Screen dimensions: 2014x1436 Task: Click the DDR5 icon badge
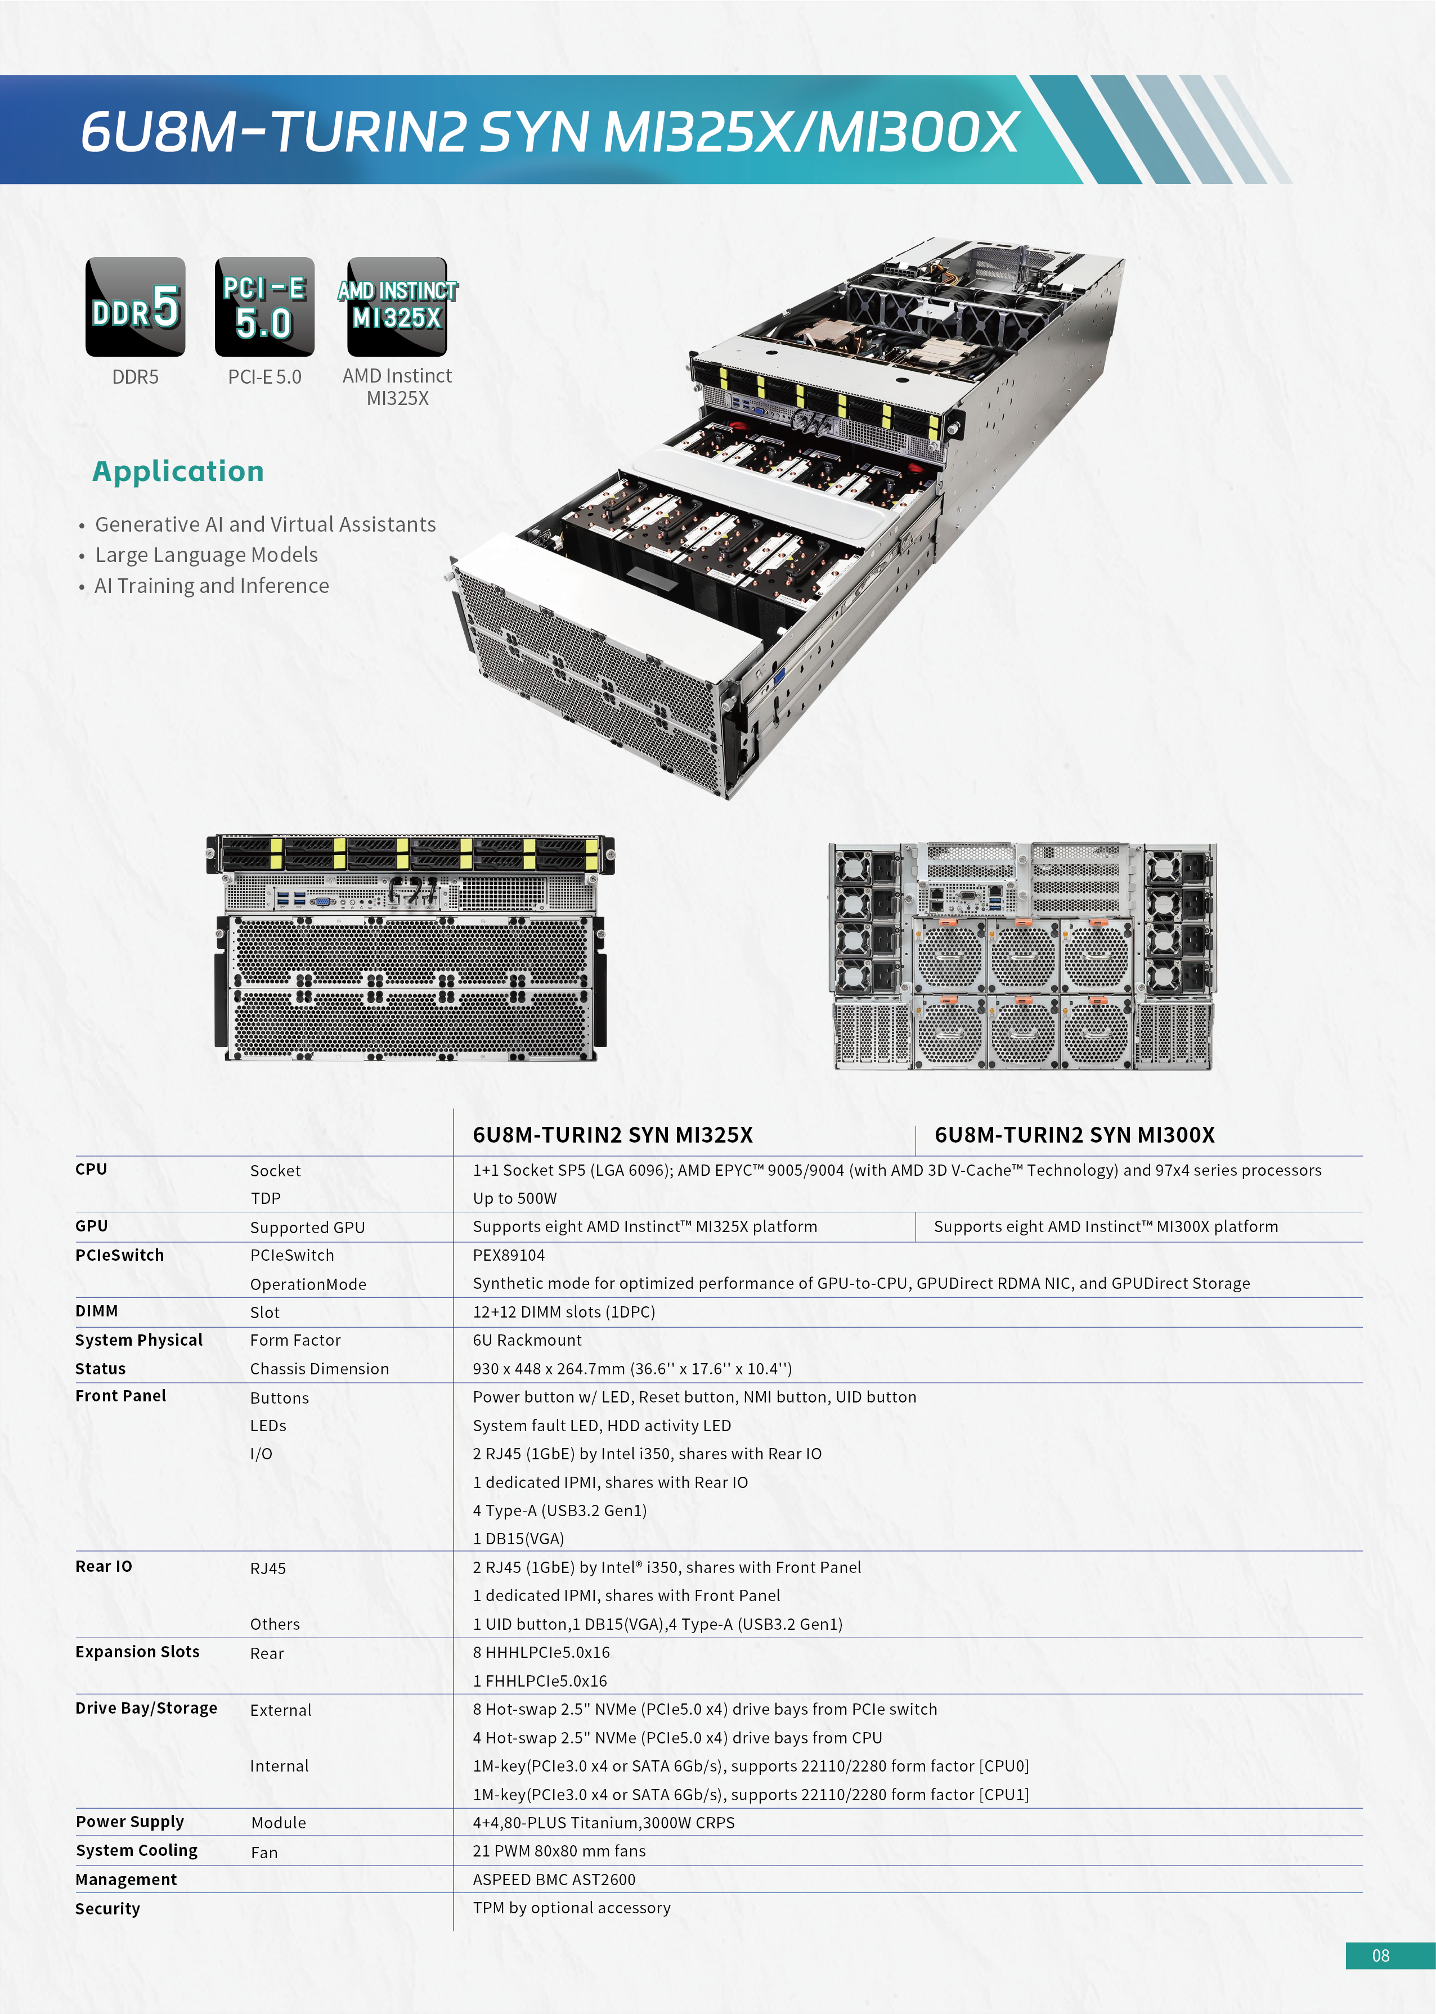(x=135, y=307)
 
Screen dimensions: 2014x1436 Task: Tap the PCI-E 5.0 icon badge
(x=264, y=307)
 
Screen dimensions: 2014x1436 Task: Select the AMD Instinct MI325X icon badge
(x=397, y=307)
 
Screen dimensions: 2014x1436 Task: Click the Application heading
(x=178, y=471)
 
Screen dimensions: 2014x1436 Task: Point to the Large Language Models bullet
(x=206, y=555)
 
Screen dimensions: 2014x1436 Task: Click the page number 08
(x=1380, y=1955)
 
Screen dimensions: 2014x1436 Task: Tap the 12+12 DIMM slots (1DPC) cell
(x=563, y=1312)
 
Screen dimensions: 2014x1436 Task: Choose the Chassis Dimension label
(x=319, y=1369)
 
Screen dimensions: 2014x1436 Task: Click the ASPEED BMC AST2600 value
(x=554, y=1880)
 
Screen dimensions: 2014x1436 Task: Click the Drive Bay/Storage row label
(x=146, y=1708)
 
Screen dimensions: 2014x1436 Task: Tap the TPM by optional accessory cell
(x=571, y=1908)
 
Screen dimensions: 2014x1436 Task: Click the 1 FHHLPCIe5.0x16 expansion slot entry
(x=540, y=1681)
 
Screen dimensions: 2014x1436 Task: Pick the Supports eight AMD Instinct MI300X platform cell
(x=1105, y=1226)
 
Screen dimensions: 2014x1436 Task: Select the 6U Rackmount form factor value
(x=527, y=1340)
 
